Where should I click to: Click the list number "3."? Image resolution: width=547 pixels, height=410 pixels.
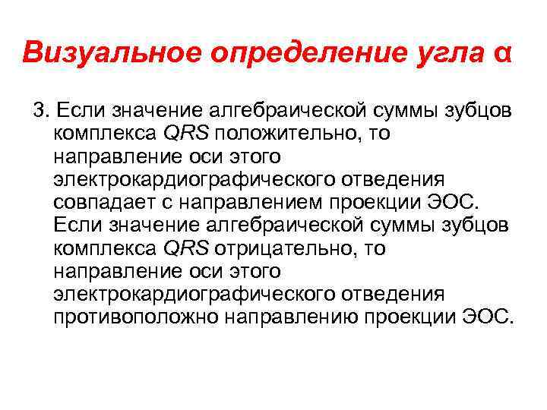[40, 112]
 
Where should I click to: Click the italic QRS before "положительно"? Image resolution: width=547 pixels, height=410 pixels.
[187, 134]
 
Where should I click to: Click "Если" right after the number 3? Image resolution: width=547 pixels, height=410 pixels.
[80, 112]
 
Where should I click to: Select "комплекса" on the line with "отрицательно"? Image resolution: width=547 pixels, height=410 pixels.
[106, 248]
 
